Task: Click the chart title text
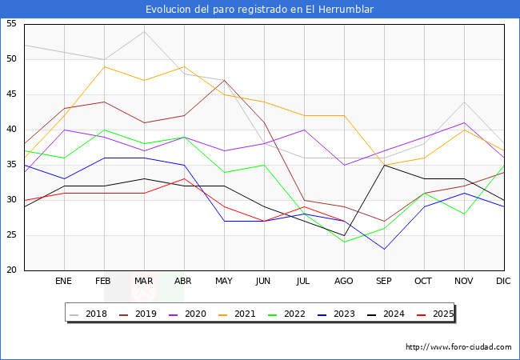(259, 10)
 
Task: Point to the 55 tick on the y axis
(11, 24)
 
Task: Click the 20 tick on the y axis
(11, 270)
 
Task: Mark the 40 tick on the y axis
(11, 130)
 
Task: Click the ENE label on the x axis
(63, 282)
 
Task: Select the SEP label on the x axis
(384, 282)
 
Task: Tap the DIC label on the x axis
(503, 282)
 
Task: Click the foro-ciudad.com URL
(458, 347)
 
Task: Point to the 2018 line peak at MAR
(144, 31)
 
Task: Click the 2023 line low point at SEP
(384, 249)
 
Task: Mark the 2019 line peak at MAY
(224, 80)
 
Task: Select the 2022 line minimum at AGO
(344, 242)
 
